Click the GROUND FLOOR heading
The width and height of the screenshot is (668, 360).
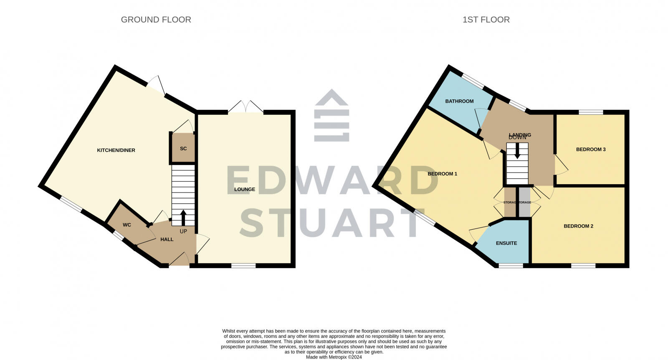[x=156, y=20]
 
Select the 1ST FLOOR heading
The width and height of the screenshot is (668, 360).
[x=486, y=20]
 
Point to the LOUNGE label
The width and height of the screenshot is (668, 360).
[x=245, y=189]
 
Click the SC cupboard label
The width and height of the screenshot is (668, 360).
[x=183, y=149]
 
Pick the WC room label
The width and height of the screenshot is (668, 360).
[x=127, y=225]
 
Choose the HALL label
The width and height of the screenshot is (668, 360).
[x=167, y=239]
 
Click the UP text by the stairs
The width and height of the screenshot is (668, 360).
[x=183, y=231]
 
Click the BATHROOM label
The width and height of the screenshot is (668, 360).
[x=459, y=101]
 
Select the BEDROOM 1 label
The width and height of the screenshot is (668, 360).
[x=443, y=174]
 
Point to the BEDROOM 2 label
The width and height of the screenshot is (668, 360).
[x=578, y=226]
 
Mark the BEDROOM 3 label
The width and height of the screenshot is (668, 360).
[x=591, y=150]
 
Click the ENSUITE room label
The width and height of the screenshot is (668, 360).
[x=506, y=243]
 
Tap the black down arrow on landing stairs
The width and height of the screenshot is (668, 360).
[x=517, y=151]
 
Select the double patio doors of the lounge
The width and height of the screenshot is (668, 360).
[x=245, y=107]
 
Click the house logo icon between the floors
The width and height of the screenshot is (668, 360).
[x=331, y=115]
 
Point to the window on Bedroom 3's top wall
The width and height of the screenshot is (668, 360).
[x=591, y=112]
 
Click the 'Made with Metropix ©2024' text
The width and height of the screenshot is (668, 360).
[x=334, y=357]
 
